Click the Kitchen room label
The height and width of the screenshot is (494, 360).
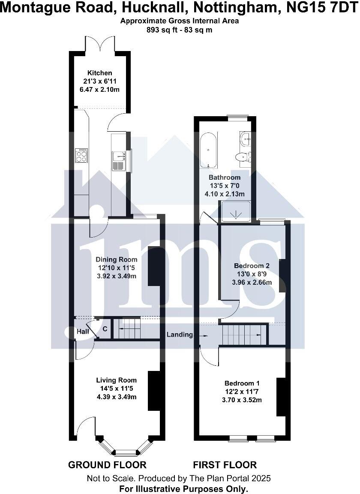point(100,73)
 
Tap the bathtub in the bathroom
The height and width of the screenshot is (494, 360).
point(209,149)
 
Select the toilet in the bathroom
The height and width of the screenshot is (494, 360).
point(242,157)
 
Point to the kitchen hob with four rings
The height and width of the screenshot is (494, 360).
point(81,155)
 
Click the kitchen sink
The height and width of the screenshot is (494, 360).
point(117,159)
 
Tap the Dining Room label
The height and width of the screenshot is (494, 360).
point(116,259)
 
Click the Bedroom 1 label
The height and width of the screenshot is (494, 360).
point(242,383)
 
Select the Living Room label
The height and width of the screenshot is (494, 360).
point(116,380)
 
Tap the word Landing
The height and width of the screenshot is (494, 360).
point(180,334)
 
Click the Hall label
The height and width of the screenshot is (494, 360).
point(83,331)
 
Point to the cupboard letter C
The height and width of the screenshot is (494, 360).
point(105,329)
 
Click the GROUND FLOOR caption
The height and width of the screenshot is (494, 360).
point(107,464)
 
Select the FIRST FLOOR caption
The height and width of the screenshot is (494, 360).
point(225,464)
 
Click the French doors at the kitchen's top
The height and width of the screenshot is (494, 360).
point(100,45)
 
